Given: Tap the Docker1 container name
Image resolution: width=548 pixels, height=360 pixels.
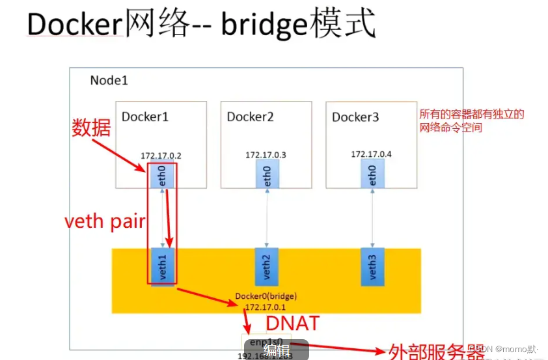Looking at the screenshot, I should coord(144,117).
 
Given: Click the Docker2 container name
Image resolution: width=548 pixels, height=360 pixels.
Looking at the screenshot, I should coord(250,117).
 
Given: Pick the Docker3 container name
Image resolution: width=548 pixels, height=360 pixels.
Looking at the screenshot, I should coord(355,117).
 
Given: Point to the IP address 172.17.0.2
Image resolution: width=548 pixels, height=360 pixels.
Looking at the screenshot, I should coord(160,156).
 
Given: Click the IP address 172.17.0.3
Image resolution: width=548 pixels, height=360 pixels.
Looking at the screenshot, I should coord(266,155).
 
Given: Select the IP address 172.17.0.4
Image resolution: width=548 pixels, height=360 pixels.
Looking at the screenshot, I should coord(371,154).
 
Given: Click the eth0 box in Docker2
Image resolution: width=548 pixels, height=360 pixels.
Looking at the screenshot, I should coord(266,176).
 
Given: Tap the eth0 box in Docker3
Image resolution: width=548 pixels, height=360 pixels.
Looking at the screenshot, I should coord(372,176).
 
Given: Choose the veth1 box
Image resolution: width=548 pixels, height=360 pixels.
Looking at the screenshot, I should coord(162,266).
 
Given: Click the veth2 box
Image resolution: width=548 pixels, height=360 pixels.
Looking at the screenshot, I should coord(266,266).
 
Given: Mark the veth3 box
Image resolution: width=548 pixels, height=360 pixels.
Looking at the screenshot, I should coord(372,266).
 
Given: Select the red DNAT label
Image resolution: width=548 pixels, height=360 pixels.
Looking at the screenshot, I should coord(292,322).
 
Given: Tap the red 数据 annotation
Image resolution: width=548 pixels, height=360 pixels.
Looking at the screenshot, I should coord(90,128).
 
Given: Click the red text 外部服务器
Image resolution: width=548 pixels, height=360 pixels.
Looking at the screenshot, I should coord(437,352).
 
